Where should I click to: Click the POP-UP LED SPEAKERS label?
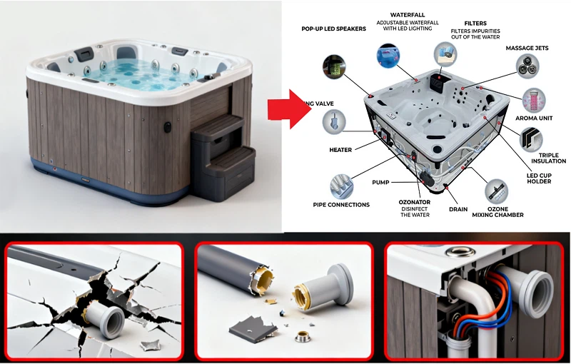pyautogui.click(x=333, y=29)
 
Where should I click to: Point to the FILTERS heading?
pyautogui.click(x=475, y=23)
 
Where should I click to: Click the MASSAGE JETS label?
pyautogui.click(x=527, y=48)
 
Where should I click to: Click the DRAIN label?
pyautogui.click(x=458, y=209)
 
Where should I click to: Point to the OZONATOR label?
pyautogui.click(x=415, y=202)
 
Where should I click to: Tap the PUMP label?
pyautogui.click(x=380, y=183)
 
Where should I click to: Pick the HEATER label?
pyautogui.click(x=340, y=150)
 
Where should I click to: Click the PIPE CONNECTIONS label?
pyautogui.click(x=341, y=205)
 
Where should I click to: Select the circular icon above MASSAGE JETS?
pyautogui.click(x=527, y=66)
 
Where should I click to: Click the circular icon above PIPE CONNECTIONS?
pyautogui.click(x=340, y=186)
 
